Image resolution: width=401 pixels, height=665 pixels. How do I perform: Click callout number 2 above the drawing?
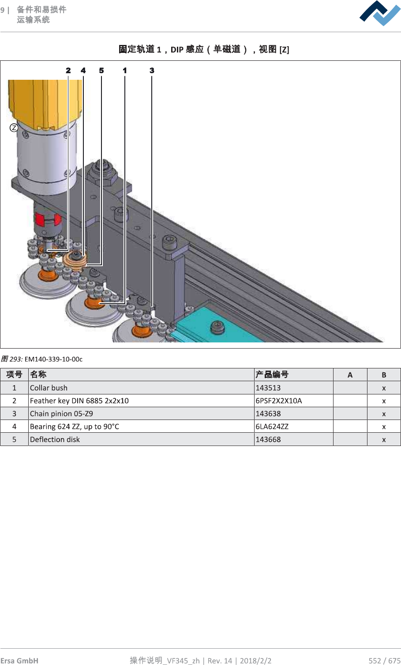click(68, 71)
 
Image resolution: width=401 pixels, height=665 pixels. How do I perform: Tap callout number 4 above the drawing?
click(83, 71)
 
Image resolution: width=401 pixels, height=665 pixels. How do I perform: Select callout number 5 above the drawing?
click(101, 71)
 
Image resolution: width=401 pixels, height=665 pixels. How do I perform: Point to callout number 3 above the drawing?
click(152, 71)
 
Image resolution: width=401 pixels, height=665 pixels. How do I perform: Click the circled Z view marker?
click(14, 128)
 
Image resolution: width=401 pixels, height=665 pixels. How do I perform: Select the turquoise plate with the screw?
click(221, 328)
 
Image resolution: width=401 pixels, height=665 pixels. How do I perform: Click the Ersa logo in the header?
click(380, 13)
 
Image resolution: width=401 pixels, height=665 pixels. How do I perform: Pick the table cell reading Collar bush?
click(49, 388)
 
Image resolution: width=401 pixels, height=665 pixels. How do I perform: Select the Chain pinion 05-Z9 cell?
click(62, 413)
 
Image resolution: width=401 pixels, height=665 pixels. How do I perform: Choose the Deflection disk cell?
click(55, 439)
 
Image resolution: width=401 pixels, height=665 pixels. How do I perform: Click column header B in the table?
click(384, 375)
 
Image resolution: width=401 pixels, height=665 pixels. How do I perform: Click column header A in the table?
click(350, 375)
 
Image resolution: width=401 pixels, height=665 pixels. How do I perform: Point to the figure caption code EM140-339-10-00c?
click(53, 359)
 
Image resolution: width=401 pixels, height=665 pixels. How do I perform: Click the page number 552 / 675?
click(384, 660)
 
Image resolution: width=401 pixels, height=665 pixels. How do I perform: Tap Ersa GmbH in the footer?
click(19, 660)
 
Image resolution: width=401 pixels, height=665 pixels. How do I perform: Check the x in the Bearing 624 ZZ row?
click(384, 427)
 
